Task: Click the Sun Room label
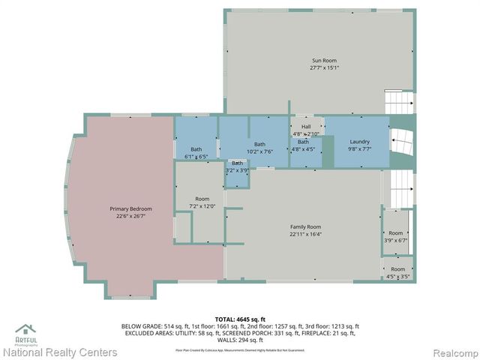(325, 60)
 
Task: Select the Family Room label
(305, 226)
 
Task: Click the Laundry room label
(359, 142)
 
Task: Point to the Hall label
(305, 127)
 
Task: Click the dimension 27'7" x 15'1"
(325, 67)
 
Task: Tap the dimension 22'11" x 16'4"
(305, 234)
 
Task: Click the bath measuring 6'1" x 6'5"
(196, 152)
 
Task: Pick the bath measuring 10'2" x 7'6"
(259, 148)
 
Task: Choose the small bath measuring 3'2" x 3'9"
(237, 166)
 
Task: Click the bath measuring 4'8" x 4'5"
(303, 145)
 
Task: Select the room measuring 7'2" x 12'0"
(202, 202)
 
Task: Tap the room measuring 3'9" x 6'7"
(395, 236)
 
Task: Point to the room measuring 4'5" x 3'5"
(397, 272)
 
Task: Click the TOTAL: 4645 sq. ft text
(239, 319)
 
